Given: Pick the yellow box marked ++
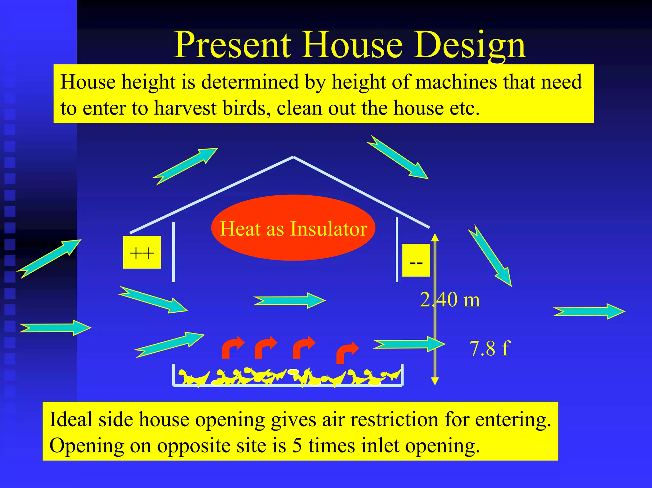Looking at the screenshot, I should (x=142, y=253).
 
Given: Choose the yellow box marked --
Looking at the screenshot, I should (x=416, y=260).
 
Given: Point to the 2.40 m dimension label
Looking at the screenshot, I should (x=450, y=300).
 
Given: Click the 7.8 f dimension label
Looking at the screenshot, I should (x=489, y=348).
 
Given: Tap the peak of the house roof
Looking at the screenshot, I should (x=293, y=157).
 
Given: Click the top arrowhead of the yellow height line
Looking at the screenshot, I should (x=435, y=237).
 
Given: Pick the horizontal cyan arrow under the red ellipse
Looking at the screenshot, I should (x=289, y=300).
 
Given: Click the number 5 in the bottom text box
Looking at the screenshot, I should (x=297, y=445).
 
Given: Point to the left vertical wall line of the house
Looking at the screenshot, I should (x=174, y=252).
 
